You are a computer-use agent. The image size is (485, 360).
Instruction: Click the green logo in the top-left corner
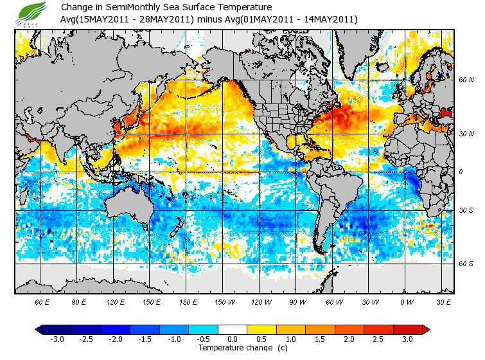pyautogui.click(x=32, y=14)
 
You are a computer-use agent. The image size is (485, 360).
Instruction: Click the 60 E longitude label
pyautogui.click(x=42, y=301)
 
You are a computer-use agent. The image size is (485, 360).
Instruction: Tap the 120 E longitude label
pyautogui.click(x=116, y=301)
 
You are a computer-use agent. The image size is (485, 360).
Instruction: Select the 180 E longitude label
pyautogui.click(x=188, y=301)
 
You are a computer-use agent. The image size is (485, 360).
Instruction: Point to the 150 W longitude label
pyautogui.click(x=224, y=301)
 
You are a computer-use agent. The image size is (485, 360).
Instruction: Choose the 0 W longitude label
pyautogui.click(x=406, y=301)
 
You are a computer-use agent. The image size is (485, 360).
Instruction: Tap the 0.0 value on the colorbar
pyautogui.click(x=233, y=339)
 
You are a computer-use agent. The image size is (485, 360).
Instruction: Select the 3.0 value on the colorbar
pyautogui.click(x=407, y=339)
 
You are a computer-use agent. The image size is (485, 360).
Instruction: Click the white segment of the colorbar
pyautogui.click(x=233, y=329)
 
